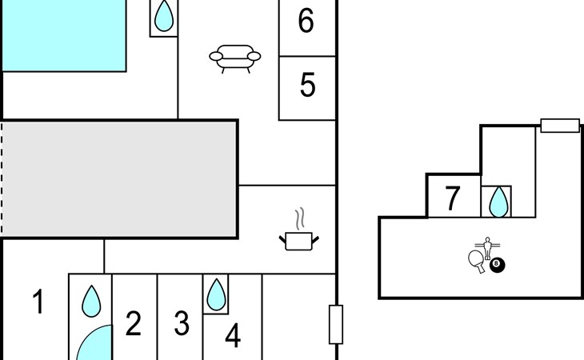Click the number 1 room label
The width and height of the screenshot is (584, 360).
click(x=38, y=302)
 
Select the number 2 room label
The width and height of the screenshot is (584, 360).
click(x=134, y=323)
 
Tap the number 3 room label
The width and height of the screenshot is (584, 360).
click(x=182, y=323)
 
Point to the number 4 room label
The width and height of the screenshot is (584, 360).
click(x=233, y=335)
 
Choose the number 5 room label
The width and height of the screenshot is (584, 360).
click(x=308, y=85)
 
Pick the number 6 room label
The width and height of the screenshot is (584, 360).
click(x=306, y=21)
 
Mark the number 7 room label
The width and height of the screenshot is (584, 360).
click(x=453, y=198)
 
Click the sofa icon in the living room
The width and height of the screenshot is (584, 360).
click(x=235, y=59)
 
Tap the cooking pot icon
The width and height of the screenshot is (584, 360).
click(x=298, y=241)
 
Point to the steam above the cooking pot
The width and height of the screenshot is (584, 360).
click(x=300, y=219)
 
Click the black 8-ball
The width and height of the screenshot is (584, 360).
click(x=497, y=265)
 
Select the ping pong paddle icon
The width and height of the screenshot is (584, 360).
click(x=476, y=261)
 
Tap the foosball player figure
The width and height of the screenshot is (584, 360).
click(x=487, y=248)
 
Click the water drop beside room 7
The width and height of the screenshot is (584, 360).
click(x=498, y=202)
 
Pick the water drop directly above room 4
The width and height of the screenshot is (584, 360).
click(x=216, y=294)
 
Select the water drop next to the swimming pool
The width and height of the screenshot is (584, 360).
click(x=164, y=16)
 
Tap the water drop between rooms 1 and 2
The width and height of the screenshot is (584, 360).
click(x=91, y=301)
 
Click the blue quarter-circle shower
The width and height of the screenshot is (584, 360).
click(x=98, y=344)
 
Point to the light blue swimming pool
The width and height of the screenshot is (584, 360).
click(x=64, y=35)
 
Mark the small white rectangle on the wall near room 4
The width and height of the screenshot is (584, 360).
click(x=336, y=324)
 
